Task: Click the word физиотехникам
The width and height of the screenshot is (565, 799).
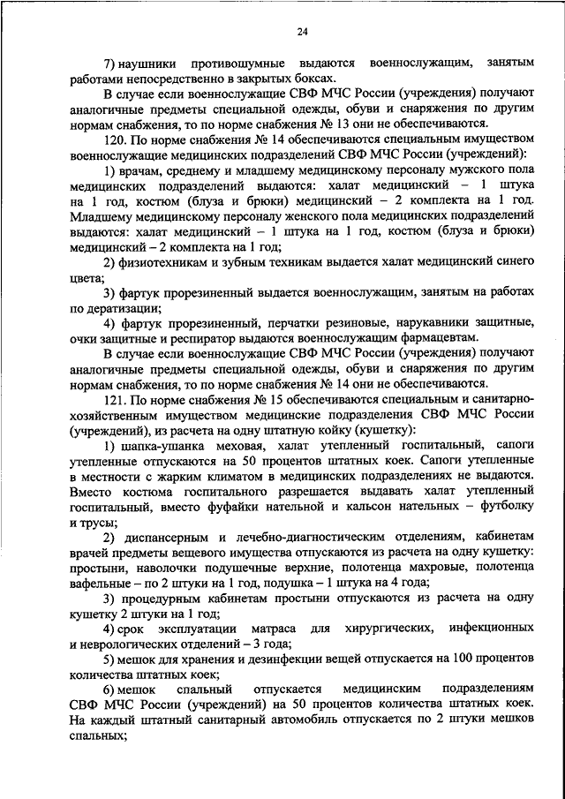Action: click(x=164, y=263)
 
